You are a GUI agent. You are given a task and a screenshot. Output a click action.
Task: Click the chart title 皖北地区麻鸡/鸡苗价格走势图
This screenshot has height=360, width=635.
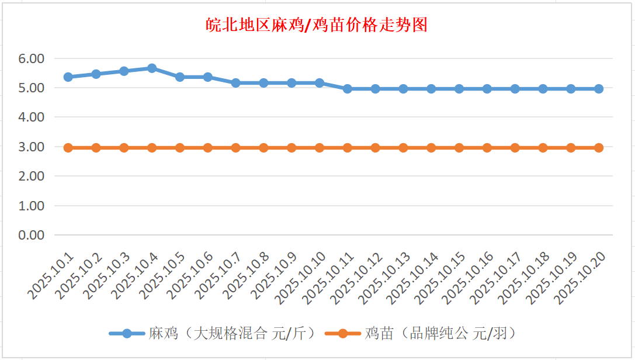(x=317, y=25)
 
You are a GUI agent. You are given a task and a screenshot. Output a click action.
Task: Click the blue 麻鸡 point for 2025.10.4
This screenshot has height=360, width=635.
(x=152, y=68)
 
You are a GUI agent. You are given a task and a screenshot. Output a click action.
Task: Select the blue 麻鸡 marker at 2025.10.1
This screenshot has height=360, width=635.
(x=68, y=77)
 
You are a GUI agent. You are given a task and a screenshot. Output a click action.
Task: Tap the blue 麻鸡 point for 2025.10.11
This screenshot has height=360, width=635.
(x=348, y=89)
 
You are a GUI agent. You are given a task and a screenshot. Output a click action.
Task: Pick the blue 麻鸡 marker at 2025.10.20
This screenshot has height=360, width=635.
(x=599, y=89)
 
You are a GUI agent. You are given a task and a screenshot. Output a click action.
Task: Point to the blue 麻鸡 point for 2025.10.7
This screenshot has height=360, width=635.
(x=236, y=83)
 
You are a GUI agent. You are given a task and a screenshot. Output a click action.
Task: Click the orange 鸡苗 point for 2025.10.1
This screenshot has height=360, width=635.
(x=68, y=148)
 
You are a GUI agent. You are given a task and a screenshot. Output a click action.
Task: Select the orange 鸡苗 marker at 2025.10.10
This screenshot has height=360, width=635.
(x=320, y=148)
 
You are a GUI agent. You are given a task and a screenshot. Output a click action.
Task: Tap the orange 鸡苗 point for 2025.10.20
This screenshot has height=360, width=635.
(x=599, y=148)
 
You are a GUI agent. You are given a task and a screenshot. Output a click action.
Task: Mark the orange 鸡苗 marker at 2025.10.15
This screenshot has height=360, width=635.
(x=459, y=148)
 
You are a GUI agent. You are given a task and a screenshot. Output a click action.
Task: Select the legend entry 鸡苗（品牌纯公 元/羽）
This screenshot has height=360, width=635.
(x=440, y=334)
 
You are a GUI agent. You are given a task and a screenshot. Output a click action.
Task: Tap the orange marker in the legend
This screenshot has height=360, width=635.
(x=343, y=334)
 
